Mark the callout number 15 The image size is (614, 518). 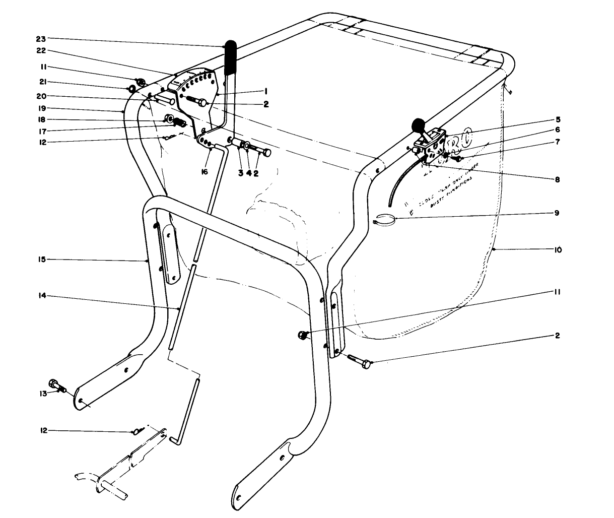[41, 260]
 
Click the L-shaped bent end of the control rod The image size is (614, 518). [175, 439]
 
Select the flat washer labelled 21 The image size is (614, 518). [132, 90]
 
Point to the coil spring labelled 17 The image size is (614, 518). [180, 123]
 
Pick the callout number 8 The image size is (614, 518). [558, 179]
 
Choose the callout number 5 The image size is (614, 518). [558, 120]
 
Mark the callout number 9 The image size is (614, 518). [558, 213]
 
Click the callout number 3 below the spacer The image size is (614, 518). [241, 172]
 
